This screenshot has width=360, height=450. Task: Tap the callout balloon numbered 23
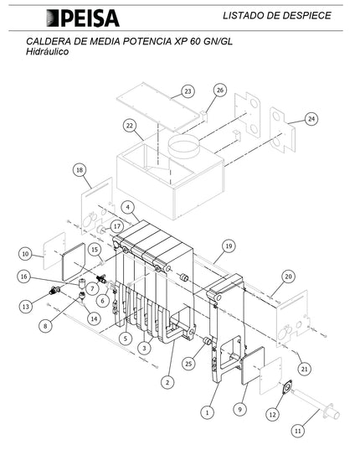pos(187,91)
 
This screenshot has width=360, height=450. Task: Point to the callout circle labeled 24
pos(311,119)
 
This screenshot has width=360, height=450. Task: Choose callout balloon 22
pos(129,126)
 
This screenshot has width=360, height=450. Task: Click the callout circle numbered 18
pos(80,170)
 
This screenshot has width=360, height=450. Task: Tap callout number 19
pos(226,246)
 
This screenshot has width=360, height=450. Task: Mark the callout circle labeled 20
pos(288,276)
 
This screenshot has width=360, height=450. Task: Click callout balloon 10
pos(25,253)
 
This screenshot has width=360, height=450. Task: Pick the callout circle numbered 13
pos(25,306)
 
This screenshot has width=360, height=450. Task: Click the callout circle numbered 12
pos(271,413)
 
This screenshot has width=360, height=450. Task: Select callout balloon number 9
pos(240,409)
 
